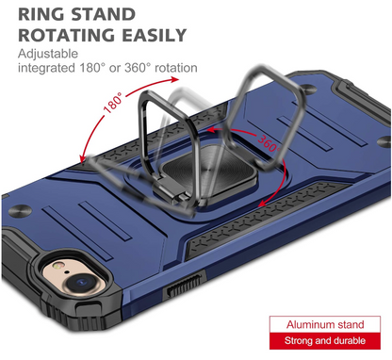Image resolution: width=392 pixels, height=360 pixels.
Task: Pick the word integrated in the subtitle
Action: point(45,70)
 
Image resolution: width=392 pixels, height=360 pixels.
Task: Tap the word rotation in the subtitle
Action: point(172,70)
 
